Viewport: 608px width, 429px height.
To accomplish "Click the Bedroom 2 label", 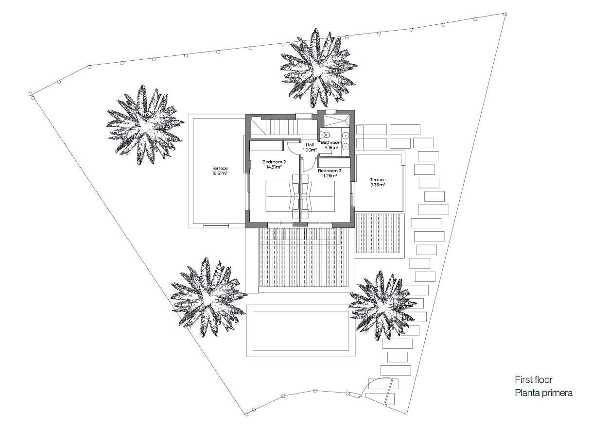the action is [274, 162].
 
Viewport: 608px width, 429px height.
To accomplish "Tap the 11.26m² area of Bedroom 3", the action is [330, 175].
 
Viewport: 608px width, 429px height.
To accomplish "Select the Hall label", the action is [310, 145].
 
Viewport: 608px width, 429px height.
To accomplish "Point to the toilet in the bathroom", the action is [325, 135].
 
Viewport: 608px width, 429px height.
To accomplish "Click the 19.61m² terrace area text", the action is [220, 173].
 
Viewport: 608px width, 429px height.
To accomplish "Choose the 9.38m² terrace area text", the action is [378, 185].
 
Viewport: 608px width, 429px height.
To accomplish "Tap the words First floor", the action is [533, 379].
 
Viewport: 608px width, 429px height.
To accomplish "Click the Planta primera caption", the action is [544, 393].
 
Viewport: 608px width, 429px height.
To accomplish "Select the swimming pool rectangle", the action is [300, 331].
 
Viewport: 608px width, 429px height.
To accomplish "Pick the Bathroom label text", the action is [331, 142].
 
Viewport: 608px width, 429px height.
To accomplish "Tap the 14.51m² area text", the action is [274, 167].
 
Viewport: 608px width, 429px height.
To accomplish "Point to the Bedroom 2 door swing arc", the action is [291, 150].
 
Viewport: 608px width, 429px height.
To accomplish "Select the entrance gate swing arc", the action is [376, 381].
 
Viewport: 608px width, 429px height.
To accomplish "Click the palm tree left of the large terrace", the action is [145, 125].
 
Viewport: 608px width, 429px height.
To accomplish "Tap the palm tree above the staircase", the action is [319, 69].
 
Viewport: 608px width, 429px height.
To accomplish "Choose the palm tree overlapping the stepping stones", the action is [382, 305].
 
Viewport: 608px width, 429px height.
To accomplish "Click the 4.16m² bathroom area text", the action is [331, 147].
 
